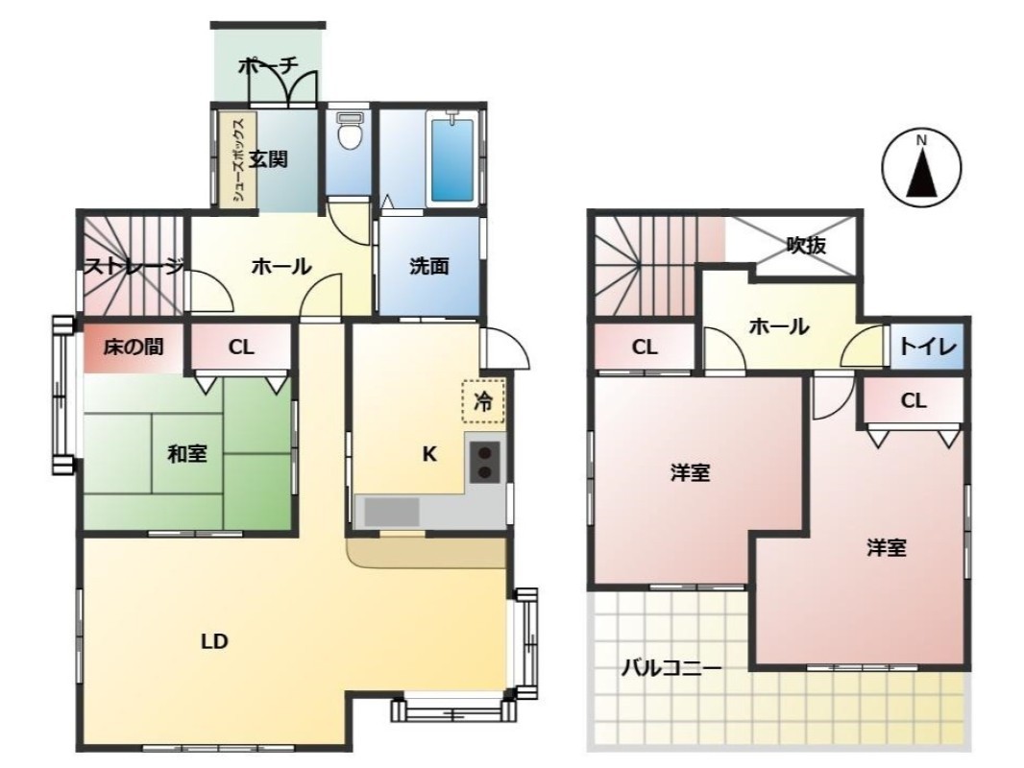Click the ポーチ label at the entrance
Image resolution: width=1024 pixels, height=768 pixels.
coord(268,65)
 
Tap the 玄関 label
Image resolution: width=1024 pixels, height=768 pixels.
coord(268,158)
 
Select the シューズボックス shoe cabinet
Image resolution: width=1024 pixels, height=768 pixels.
coord(238,160)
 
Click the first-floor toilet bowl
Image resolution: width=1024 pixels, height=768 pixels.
coord(350,132)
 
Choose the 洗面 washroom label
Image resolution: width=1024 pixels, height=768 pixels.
coord(429,266)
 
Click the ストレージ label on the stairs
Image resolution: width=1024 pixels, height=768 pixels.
coord(134,266)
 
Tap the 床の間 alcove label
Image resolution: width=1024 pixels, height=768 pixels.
coord(134,347)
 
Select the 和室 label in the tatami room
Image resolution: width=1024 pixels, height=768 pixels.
coord(187,453)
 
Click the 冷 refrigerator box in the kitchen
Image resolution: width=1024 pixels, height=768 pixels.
coord(483,400)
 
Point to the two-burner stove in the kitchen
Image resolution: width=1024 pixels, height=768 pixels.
coord(484,462)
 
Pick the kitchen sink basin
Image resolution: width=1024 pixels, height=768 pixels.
coord(392,512)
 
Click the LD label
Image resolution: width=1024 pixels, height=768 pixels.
coord(214,642)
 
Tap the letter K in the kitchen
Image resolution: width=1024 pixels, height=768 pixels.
coord(429,454)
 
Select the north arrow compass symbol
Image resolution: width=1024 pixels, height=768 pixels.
coord(921,166)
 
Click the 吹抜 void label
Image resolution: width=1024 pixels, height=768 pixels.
coord(806,245)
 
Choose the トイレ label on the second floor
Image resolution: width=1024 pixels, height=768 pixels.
coord(928,347)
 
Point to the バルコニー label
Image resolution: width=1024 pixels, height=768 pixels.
coord(670,668)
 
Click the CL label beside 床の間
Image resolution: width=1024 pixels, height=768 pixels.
coord(241,348)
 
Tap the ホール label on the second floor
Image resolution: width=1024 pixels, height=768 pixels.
coord(779,325)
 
